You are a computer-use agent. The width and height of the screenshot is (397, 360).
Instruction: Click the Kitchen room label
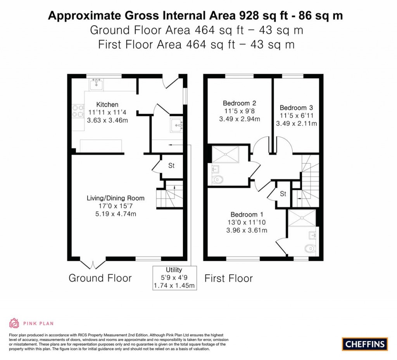(107, 104)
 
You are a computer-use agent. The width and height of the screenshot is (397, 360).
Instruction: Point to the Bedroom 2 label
(239, 103)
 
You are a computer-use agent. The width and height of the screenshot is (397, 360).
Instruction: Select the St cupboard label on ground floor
(171, 166)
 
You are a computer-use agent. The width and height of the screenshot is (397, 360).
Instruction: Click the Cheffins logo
(365, 344)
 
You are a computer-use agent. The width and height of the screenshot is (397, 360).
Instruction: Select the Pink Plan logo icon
(14, 323)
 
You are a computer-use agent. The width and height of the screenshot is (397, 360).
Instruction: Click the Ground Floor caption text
(100, 278)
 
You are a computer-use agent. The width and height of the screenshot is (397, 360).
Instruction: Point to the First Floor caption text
(228, 278)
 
